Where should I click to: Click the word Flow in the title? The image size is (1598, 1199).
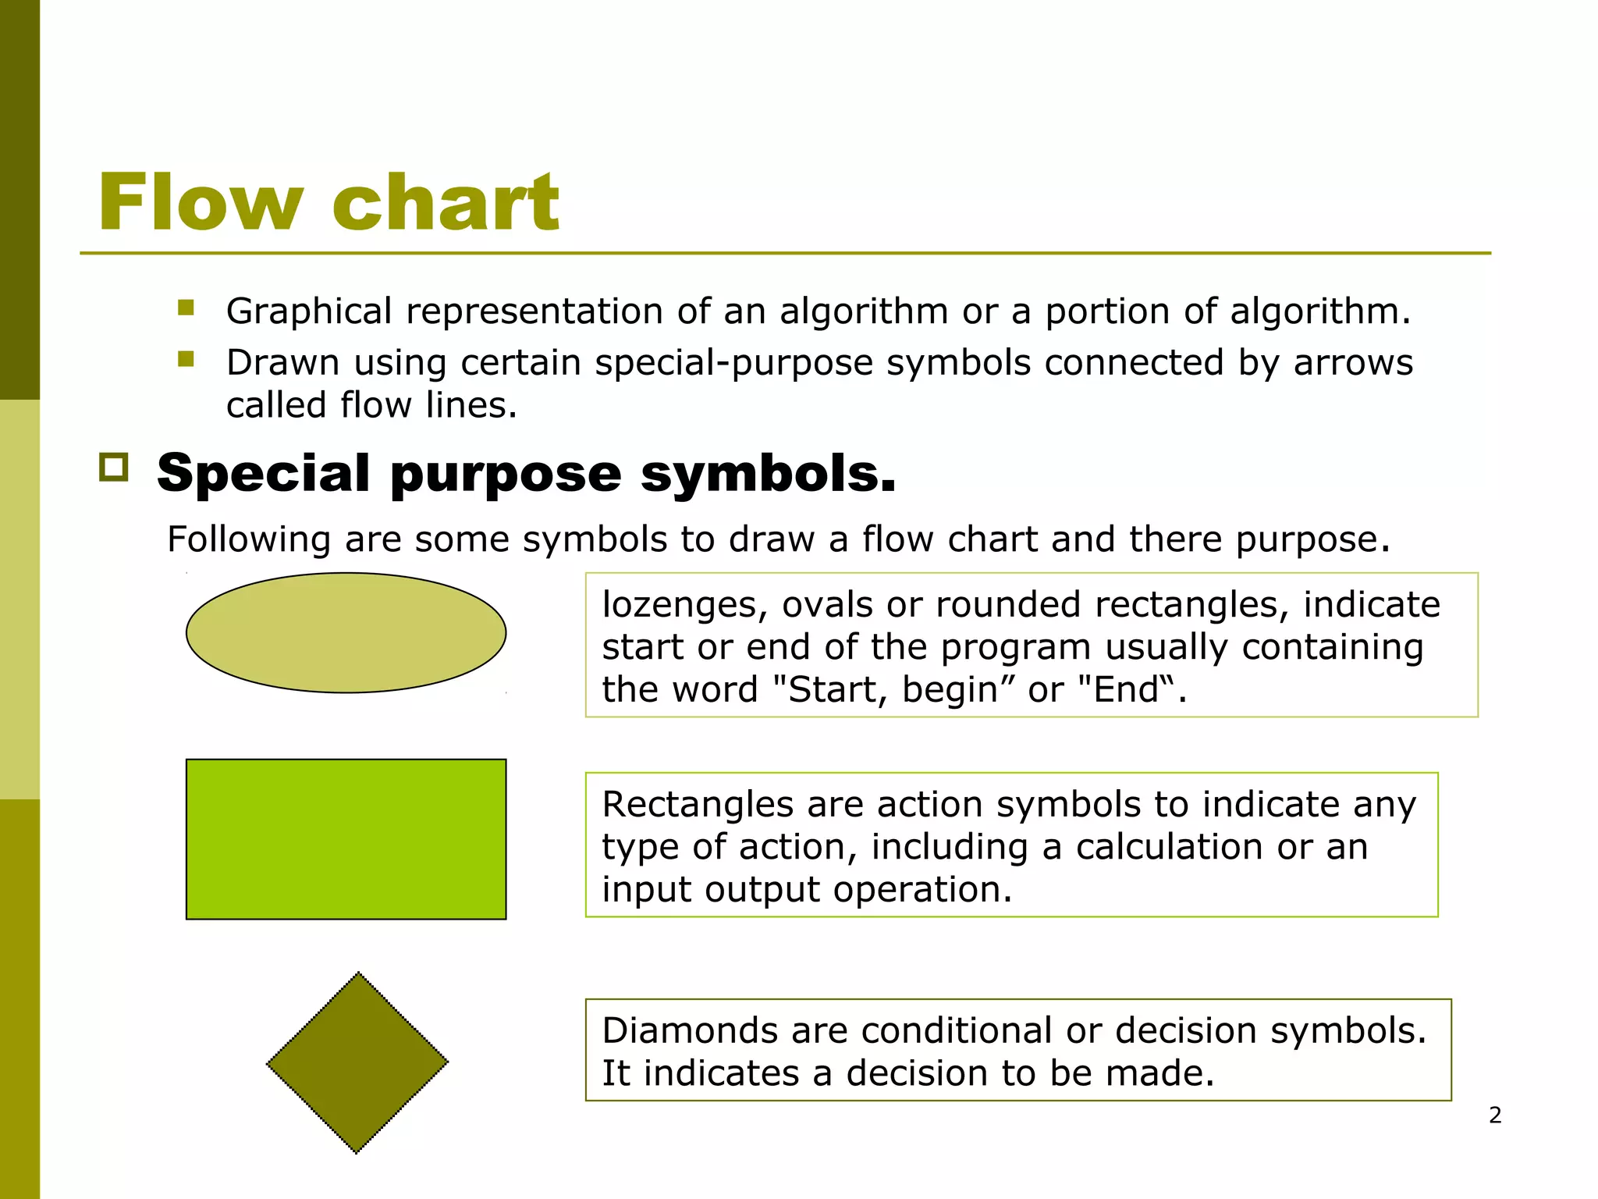point(200,203)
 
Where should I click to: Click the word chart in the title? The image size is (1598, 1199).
point(446,203)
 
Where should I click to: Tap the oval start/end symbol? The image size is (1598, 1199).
point(346,633)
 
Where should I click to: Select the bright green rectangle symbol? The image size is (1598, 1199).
point(346,839)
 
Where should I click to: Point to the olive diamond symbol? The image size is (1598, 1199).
point(357,1062)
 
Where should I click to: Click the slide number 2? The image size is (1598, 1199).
point(1495,1115)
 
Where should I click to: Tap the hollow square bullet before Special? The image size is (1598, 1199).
point(114,468)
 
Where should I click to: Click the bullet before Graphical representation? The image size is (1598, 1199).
point(186,308)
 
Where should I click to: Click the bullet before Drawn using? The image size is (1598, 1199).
point(186,359)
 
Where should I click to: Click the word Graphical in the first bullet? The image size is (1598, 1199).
point(309,311)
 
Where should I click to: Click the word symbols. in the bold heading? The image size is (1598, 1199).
point(768,474)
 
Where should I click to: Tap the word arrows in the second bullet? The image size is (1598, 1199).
point(1353,363)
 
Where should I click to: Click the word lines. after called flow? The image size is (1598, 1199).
point(471,405)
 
